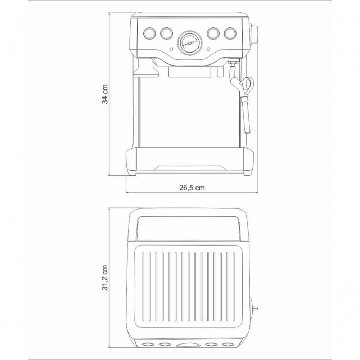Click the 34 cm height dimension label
tap(105, 94)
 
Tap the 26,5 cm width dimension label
tap(192, 188)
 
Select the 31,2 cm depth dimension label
tap(105, 278)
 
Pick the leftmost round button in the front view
tap(149, 33)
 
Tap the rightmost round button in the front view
tap(230, 33)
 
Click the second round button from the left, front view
tap(166, 33)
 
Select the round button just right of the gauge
tap(213, 33)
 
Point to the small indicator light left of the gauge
tap(171, 49)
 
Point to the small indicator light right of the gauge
tap(208, 49)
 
